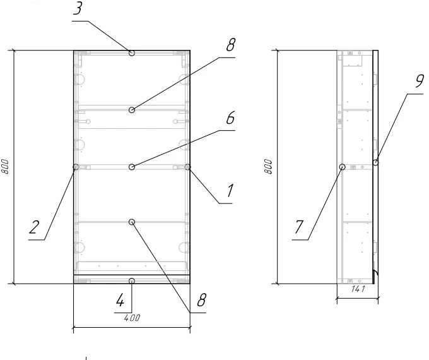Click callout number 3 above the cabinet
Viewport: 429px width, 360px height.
click(78, 8)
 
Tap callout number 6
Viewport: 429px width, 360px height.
click(231, 118)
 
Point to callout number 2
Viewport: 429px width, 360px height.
click(35, 227)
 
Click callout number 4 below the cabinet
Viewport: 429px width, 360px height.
click(120, 300)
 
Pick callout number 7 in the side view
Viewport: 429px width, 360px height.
click(299, 227)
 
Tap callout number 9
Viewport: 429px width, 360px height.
click(420, 81)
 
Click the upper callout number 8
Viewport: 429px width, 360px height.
click(231, 45)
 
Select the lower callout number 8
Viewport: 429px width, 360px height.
click(201, 300)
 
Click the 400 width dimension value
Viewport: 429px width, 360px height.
click(132, 318)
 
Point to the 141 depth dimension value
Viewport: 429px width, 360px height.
click(358, 289)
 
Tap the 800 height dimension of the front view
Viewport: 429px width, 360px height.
click(5, 166)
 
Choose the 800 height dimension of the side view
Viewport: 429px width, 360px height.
click(269, 166)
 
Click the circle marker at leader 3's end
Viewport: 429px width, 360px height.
click(132, 53)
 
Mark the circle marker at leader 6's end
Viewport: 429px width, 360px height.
click(132, 167)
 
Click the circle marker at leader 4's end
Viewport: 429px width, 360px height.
click(132, 281)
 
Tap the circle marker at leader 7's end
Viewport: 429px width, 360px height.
click(343, 167)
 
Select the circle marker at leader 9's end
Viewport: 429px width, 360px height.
click(376, 162)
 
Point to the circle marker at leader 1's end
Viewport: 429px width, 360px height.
click(188, 167)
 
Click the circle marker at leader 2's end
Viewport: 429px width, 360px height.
click(76, 167)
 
